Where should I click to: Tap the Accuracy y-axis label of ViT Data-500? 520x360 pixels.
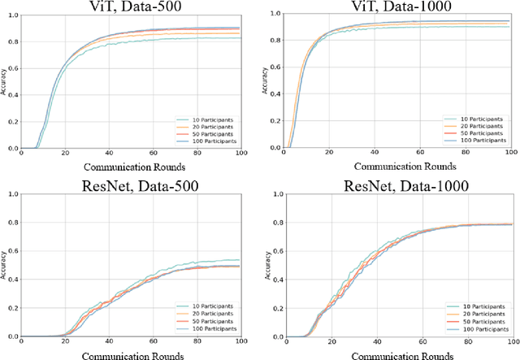tap(4, 81)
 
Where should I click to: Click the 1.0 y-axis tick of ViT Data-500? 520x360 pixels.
tap(11, 14)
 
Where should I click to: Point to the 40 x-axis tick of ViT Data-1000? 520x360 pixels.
tap(374, 154)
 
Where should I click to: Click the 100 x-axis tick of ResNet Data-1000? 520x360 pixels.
tap(509, 341)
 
